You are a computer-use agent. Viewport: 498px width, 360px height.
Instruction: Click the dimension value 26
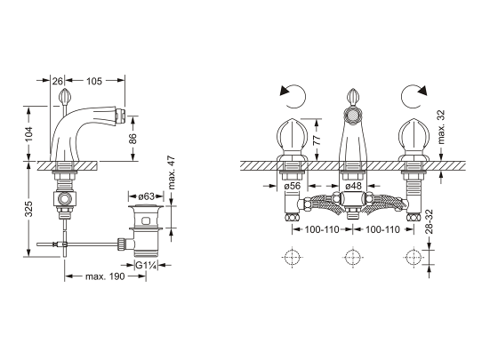coord(57,81)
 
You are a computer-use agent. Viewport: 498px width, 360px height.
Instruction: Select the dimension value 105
coord(94,81)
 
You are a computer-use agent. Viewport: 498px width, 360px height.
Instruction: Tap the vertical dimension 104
coord(28,134)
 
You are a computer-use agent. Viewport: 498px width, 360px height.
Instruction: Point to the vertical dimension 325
coord(28,209)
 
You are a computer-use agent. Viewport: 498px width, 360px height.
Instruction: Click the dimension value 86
coord(133,139)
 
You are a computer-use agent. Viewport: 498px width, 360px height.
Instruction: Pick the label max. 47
coord(171,172)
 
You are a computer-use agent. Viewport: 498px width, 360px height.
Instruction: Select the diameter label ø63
coord(146,196)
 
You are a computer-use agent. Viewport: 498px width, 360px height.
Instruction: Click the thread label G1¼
coord(147,265)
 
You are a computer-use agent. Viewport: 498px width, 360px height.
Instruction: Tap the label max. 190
coord(105,276)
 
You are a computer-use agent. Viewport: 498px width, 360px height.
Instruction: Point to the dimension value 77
coord(317,140)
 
